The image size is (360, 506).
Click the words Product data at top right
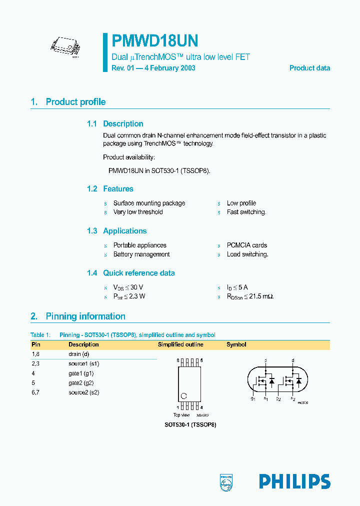click(x=309, y=68)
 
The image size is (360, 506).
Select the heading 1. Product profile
click(x=68, y=102)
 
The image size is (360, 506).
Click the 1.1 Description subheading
click(x=115, y=124)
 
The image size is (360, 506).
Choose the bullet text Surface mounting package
click(x=149, y=203)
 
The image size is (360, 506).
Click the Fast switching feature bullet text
click(x=246, y=212)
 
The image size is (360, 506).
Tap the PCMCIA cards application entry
click(x=246, y=245)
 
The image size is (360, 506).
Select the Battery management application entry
click(x=141, y=254)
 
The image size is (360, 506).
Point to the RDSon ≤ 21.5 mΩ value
click(x=250, y=296)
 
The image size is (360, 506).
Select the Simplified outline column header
click(x=180, y=344)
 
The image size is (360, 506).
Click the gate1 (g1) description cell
click(x=81, y=373)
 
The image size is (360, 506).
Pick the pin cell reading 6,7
click(x=35, y=392)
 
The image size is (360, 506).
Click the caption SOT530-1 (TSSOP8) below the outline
click(x=190, y=424)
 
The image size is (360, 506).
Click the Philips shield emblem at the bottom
click(x=226, y=481)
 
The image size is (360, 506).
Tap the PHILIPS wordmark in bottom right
click(x=294, y=481)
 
